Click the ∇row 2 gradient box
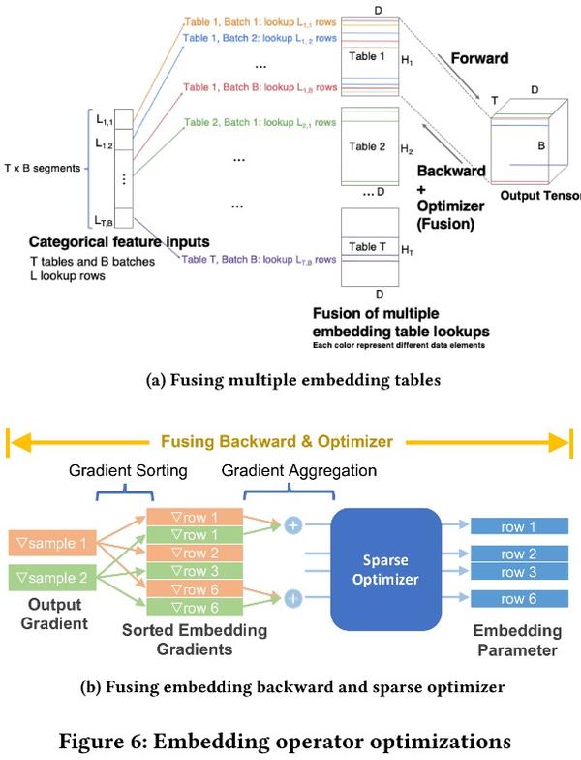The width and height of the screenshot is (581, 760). click(194, 552)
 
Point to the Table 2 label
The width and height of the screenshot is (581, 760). click(368, 148)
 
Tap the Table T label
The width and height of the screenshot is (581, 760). click(368, 247)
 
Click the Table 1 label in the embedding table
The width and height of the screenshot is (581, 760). click(368, 56)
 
